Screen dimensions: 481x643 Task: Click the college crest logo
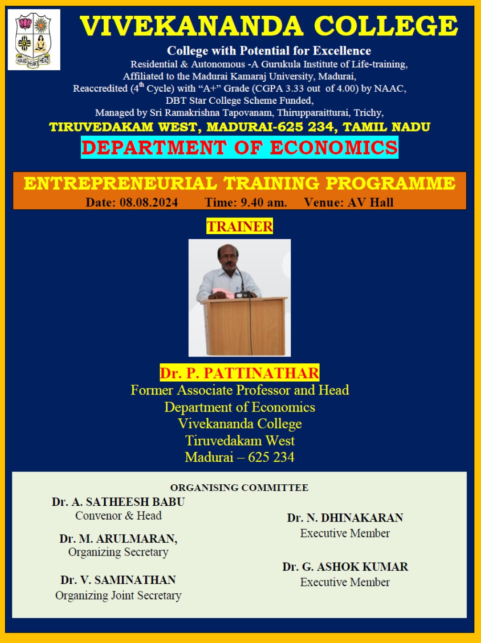point(33,40)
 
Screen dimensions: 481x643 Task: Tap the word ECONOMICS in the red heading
point(334,147)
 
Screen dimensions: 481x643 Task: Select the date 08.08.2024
point(149,202)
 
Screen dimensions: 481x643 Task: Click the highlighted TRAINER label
point(240,226)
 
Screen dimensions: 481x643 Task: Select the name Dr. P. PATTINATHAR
point(240,373)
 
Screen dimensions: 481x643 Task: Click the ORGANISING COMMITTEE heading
point(239,488)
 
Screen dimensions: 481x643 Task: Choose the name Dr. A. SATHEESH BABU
point(118,502)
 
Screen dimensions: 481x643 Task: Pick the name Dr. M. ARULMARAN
point(118,538)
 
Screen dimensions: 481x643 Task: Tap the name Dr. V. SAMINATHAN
point(118,580)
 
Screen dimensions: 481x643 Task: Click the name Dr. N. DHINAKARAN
point(345,518)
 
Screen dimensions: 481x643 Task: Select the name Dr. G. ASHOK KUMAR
point(345,567)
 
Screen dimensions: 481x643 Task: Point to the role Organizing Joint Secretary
point(118,595)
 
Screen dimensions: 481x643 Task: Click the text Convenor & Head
point(118,515)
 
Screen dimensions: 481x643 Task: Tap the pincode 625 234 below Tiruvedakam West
point(271,457)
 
